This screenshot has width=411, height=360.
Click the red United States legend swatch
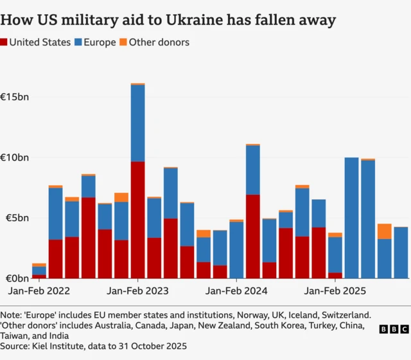[x=4, y=42]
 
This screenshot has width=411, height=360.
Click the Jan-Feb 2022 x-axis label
[x=39, y=291]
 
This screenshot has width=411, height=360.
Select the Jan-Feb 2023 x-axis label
[x=137, y=291]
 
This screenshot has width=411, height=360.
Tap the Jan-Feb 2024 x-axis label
[x=236, y=291]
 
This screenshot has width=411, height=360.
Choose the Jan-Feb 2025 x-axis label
[x=335, y=291]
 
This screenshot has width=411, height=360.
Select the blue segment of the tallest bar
[x=137, y=123]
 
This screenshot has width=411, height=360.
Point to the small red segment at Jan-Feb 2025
[x=335, y=275]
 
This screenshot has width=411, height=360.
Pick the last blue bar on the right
[x=401, y=253]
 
